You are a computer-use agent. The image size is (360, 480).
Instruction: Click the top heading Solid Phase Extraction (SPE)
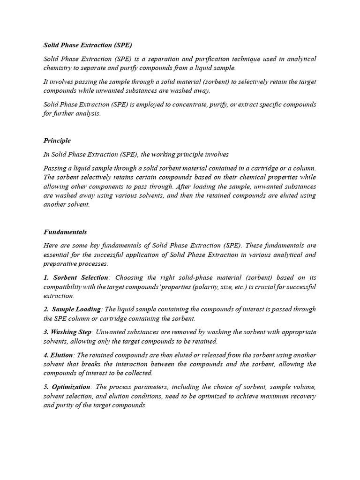[88, 45]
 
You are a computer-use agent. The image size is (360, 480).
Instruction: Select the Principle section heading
[57, 141]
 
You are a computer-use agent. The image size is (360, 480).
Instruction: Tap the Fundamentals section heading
[65, 232]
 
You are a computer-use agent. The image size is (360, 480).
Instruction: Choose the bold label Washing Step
[72, 332]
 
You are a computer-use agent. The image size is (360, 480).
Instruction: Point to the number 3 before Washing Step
[45, 332]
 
